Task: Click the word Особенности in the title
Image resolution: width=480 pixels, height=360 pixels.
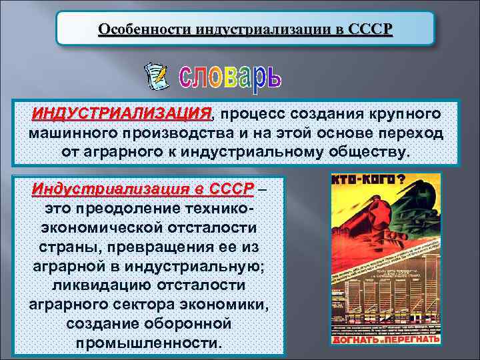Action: pos(136,30)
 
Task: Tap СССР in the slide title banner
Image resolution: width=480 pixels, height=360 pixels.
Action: pos(371,30)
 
